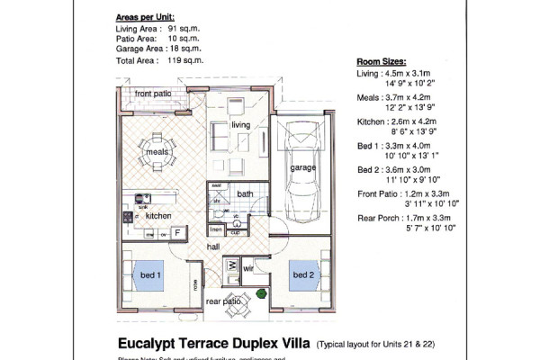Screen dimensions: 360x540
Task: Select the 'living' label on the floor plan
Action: pos(239,124)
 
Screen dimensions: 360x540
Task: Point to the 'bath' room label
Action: pos(246,193)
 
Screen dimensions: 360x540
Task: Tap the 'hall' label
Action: pos(212,246)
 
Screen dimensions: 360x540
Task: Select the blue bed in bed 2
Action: pos(303,274)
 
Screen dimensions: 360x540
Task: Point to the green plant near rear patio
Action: pos(260,292)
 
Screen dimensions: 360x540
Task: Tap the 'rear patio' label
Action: pos(222,301)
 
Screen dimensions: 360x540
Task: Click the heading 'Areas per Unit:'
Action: pos(152,17)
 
